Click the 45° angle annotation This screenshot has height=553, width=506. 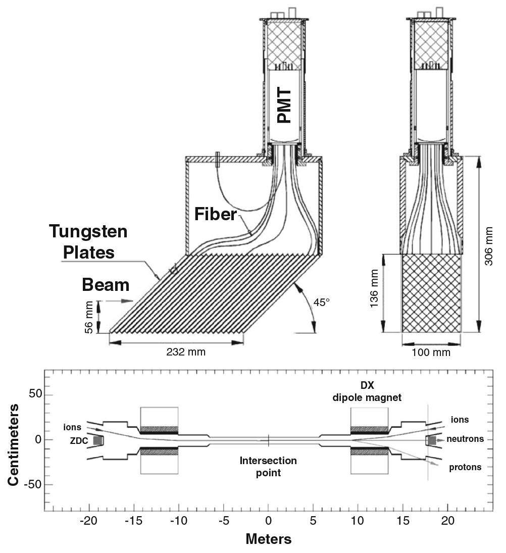[321, 304]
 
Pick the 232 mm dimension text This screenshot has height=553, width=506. [186, 351]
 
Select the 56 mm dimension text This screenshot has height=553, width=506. [90, 317]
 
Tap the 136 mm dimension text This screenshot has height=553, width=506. [374, 293]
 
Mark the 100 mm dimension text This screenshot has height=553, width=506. [431, 351]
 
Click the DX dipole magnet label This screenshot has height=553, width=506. [367, 392]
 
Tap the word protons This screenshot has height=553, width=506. [465, 468]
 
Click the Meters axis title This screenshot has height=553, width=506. [268, 539]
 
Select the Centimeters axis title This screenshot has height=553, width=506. [15, 444]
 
